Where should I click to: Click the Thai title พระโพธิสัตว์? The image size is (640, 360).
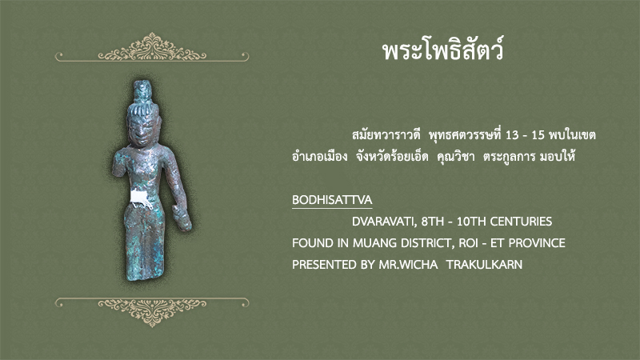pos(443,50)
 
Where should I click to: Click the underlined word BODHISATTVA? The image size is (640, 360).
pos(332,200)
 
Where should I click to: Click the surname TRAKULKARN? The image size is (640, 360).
pos(485,265)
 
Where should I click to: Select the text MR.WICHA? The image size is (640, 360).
pos(408,265)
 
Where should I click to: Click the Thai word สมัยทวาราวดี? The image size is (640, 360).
pos(386,134)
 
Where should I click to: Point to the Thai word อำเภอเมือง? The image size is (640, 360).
pos(319,156)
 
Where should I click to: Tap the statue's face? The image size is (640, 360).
pos(142,130)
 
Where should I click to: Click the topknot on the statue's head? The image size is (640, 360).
pos(143,91)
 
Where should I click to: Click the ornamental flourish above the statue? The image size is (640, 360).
pos(152,47)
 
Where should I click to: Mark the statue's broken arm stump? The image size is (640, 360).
pos(118,165)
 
